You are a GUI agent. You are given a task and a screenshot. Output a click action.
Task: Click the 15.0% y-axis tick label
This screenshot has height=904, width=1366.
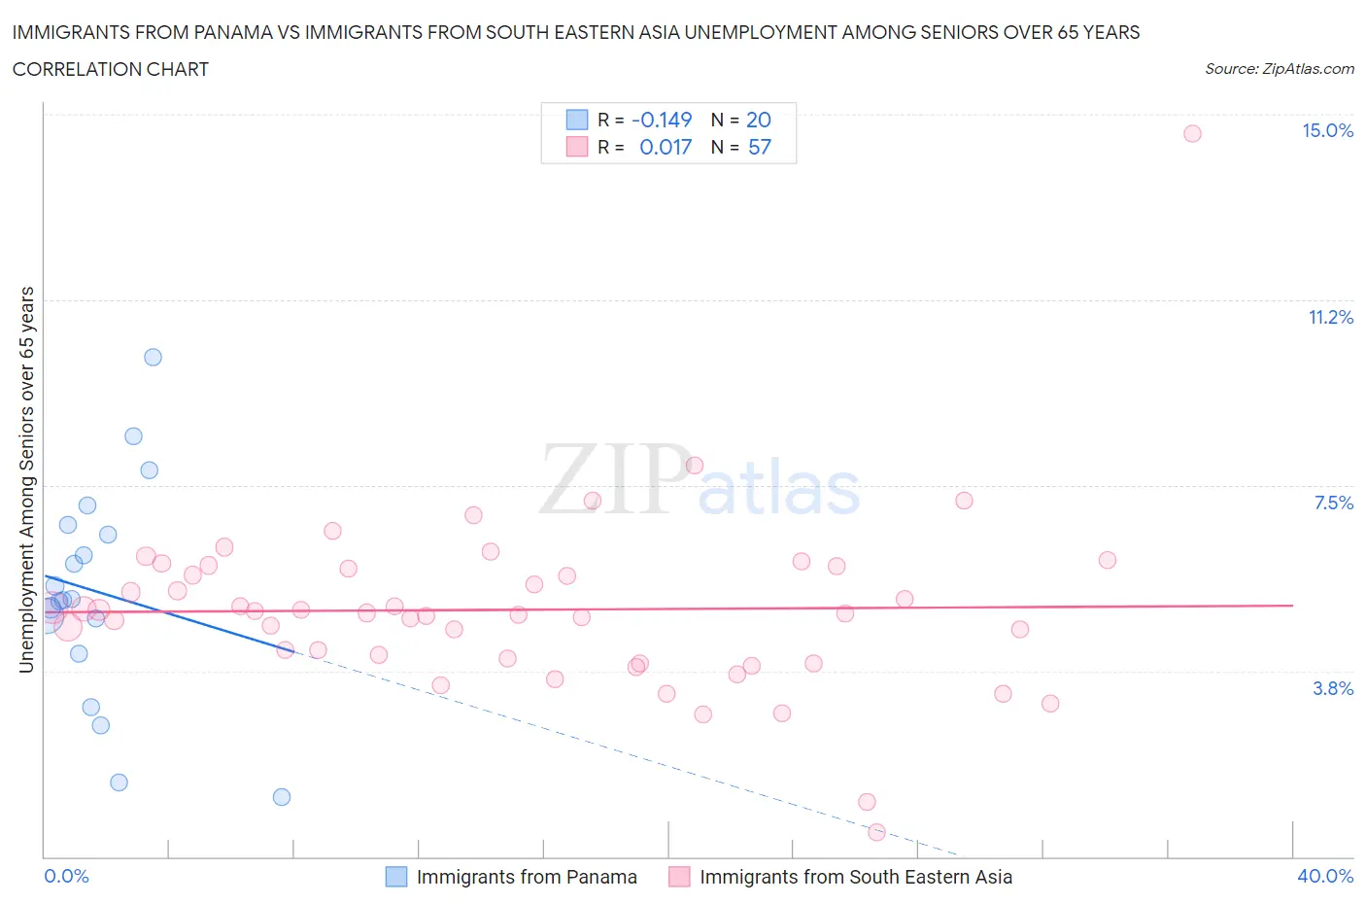[1327, 131]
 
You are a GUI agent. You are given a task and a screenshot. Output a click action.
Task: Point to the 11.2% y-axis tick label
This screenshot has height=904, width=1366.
[1330, 318]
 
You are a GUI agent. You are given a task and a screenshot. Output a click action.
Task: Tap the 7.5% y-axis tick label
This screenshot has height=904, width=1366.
[1333, 503]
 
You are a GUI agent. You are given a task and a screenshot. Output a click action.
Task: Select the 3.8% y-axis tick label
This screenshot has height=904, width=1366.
[1333, 688]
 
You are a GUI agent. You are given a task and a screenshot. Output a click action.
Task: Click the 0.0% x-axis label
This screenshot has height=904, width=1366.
[66, 876]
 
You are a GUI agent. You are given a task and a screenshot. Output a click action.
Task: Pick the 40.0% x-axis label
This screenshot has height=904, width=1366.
[1325, 876]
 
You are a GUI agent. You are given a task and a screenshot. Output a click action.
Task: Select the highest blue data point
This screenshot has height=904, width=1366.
[153, 357]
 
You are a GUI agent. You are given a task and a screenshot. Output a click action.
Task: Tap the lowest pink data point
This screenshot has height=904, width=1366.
[876, 832]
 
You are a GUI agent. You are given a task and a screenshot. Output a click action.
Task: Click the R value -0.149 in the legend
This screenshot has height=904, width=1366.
[662, 120]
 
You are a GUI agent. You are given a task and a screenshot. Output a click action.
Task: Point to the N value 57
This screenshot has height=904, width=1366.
[759, 147]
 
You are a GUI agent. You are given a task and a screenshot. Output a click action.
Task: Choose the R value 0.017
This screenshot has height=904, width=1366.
[666, 147]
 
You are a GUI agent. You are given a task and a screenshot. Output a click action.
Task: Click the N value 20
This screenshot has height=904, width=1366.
[758, 120]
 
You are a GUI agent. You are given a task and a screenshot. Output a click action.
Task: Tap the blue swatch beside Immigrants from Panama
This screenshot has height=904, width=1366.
[396, 877]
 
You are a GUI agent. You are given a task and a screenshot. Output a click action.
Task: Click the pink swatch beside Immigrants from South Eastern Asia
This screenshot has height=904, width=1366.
[679, 877]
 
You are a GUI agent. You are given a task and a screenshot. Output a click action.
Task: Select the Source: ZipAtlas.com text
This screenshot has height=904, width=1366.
[1279, 68]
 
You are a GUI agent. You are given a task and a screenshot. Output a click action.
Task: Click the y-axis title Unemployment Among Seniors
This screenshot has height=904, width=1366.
[26, 479]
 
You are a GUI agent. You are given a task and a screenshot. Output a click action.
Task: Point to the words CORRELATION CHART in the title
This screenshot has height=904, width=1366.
[111, 69]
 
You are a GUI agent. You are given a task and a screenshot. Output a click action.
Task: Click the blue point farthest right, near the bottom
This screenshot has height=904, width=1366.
[282, 797]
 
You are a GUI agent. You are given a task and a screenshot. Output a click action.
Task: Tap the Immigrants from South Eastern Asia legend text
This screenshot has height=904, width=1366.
[855, 877]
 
